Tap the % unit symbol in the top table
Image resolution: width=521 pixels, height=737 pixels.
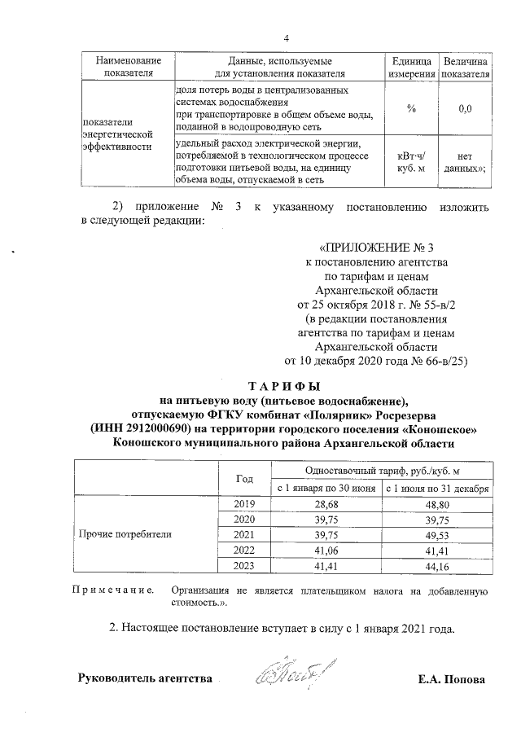coord(411,107)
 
